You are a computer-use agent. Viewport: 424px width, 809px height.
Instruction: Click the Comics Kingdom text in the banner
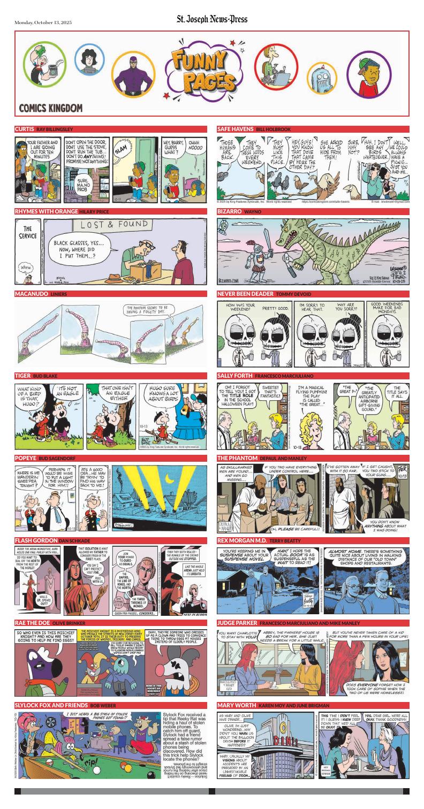(x=51, y=108)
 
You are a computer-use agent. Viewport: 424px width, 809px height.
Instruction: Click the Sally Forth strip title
(x=234, y=376)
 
